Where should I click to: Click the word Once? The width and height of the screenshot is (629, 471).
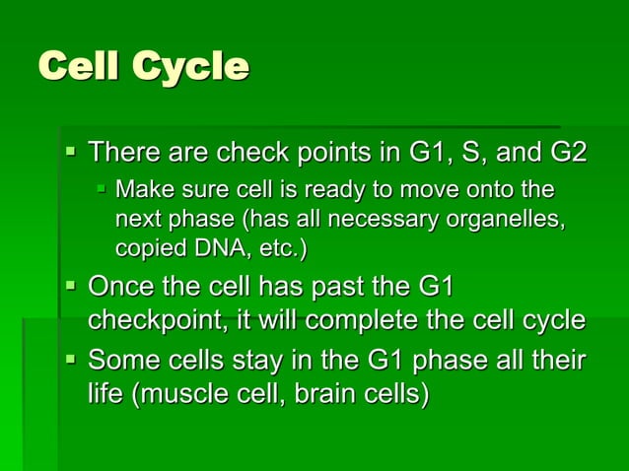click(x=122, y=288)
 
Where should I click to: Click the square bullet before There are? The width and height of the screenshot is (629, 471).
click(x=70, y=152)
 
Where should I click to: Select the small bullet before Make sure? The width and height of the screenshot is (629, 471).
click(x=102, y=187)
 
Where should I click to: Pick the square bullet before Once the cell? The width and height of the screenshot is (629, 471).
click(x=70, y=286)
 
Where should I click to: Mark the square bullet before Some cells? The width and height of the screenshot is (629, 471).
click(x=70, y=361)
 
